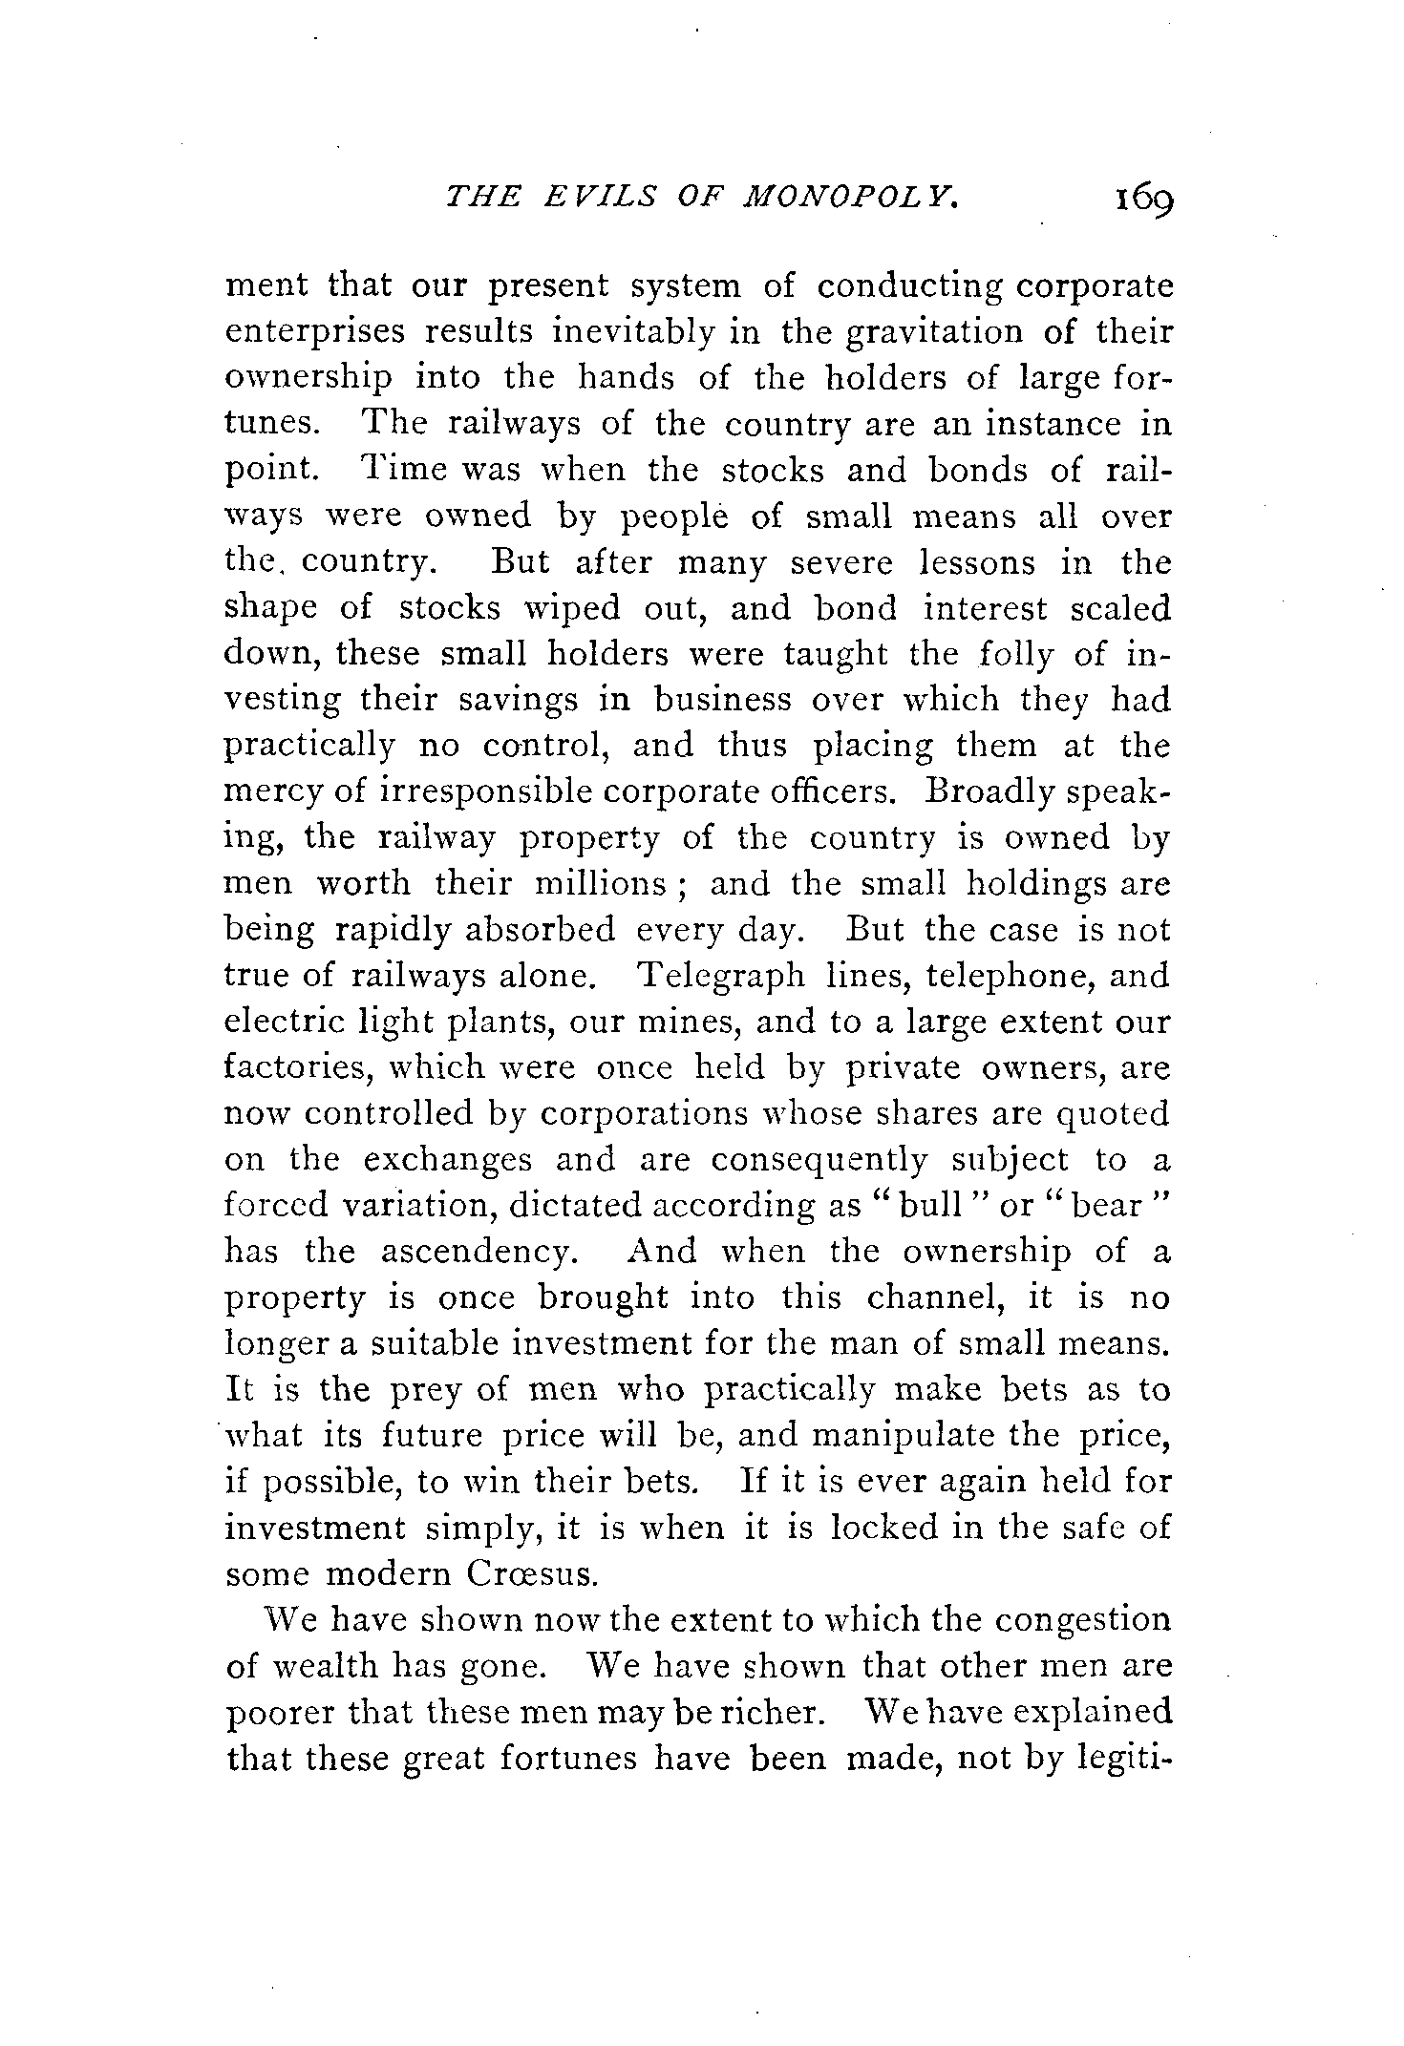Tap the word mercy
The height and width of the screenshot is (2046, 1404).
pyautogui.click(x=270, y=791)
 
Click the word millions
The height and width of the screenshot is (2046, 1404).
pyautogui.click(x=599, y=883)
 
